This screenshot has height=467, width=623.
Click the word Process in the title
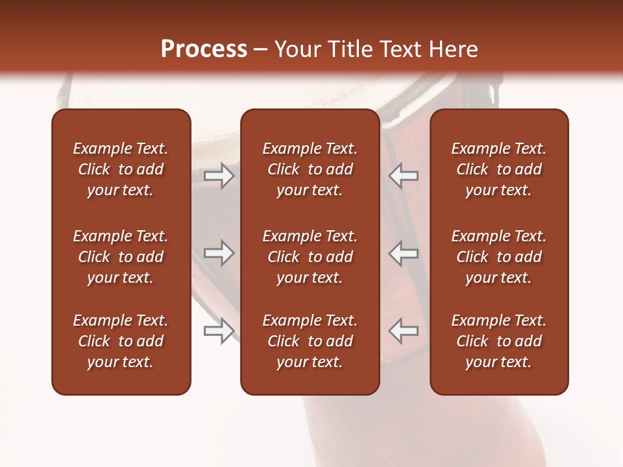pos(204,49)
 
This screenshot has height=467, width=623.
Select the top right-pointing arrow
pos(219,176)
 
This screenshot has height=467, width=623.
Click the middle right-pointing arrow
pos(219,253)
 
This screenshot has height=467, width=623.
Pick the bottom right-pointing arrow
pos(219,331)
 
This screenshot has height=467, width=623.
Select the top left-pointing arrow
pos(404,176)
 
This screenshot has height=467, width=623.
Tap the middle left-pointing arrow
pos(404,253)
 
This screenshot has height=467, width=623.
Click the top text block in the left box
pos(121,169)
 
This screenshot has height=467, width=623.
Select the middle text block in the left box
pos(121,257)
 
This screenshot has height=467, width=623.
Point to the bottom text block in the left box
pos(121,341)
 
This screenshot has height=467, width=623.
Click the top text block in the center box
pos(310,169)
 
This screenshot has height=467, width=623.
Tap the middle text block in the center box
pos(310,257)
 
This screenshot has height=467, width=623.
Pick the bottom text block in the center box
pos(310,341)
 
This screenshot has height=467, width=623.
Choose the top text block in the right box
pos(498,169)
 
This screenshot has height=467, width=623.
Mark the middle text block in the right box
pos(498,257)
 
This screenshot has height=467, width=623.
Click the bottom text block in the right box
pos(498,341)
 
